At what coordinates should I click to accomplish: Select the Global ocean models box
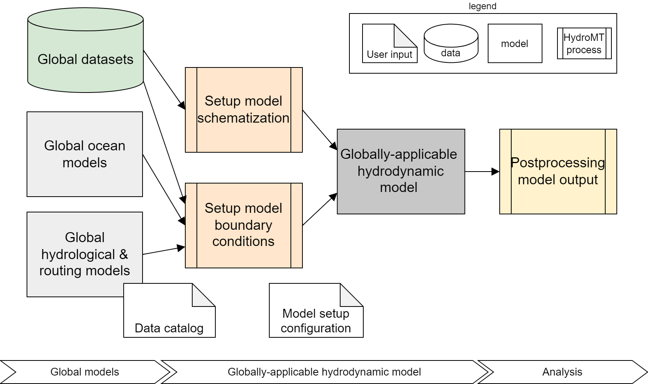click(85, 154)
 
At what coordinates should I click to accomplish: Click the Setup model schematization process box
click(243, 110)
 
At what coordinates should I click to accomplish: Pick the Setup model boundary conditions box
click(243, 225)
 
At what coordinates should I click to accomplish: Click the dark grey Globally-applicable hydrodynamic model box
click(401, 171)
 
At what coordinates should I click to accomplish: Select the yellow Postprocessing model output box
click(558, 171)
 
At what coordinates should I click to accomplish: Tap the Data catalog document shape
click(169, 312)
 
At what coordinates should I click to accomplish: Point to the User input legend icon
click(389, 44)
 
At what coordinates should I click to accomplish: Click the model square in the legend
click(515, 43)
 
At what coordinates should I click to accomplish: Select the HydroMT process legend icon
click(584, 43)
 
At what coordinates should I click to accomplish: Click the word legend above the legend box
click(482, 6)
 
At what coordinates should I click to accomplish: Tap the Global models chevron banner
click(85, 372)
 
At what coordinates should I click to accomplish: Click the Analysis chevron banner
click(562, 372)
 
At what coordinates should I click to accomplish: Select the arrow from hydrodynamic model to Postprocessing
click(482, 171)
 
